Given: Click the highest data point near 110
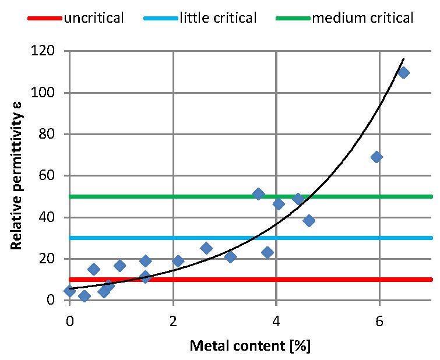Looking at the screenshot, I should pos(403,73).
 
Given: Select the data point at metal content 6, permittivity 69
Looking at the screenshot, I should pos(376,157).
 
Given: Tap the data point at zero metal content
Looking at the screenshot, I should pos(70,291).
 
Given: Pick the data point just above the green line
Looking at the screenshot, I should pos(259,194).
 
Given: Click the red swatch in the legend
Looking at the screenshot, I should pos(44,18).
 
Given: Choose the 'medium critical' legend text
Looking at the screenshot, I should pos(362,18).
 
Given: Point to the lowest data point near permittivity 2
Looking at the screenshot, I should pos(85,296).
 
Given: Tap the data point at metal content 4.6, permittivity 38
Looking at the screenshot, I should pos(309,220).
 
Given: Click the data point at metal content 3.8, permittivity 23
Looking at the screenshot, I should pos(267,252).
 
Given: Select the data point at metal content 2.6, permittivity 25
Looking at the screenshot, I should pos(206,248).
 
